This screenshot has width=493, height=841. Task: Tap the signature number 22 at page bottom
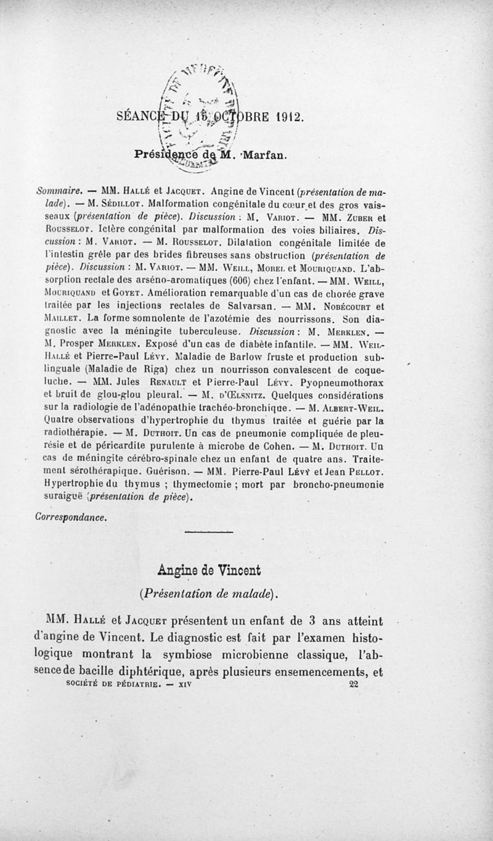(x=353, y=684)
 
